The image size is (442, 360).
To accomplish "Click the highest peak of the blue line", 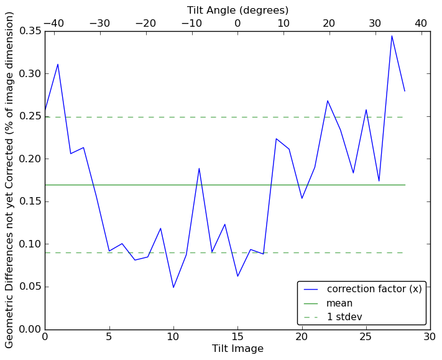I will (x=392, y=35).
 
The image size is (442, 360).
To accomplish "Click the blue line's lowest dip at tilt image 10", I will (x=173, y=287).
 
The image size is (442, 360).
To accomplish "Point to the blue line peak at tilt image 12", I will (x=199, y=168).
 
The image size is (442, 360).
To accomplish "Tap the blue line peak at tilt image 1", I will (x=58, y=64).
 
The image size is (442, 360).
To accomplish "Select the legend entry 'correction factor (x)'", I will (x=374, y=289).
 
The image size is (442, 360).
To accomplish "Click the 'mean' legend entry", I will (x=339, y=303).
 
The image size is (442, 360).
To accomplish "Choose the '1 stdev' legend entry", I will (x=344, y=317).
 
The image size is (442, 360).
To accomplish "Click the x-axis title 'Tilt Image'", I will (x=237, y=349).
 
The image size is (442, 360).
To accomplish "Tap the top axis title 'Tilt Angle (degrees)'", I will (x=237, y=10).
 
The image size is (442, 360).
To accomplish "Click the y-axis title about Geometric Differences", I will (x=10, y=180).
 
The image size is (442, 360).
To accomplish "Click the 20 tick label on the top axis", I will (x=329, y=23).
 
